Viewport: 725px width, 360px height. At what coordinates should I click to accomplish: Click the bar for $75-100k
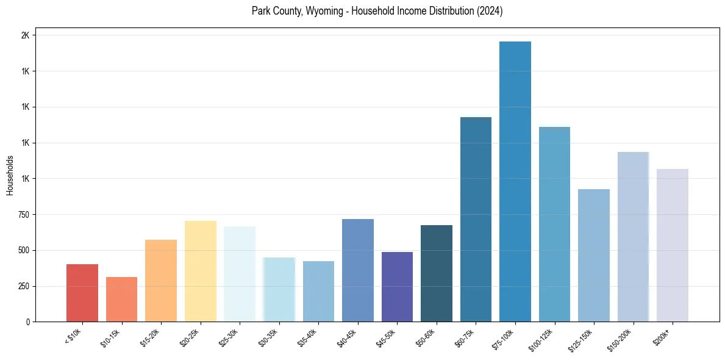pos(515,181)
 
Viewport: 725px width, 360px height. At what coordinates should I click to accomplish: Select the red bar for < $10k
pos(82,293)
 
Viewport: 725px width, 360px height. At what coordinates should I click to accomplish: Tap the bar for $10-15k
pos(121,299)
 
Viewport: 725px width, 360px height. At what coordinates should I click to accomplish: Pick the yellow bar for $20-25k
pos(200,271)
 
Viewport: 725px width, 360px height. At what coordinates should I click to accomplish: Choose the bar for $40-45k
pos(358,270)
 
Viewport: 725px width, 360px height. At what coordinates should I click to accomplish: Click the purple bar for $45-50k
pos(397,287)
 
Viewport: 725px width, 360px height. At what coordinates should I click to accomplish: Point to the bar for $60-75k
pos(476,219)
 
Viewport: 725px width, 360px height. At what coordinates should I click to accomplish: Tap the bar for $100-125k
pos(554,224)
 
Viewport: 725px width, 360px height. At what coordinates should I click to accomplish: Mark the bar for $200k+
pos(673,245)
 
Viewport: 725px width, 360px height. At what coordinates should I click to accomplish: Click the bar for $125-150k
pos(594,255)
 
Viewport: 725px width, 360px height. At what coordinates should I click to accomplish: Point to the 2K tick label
pos(26,35)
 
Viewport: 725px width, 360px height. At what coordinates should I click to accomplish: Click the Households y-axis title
pos(10,175)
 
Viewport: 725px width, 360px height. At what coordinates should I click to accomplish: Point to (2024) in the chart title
pos(490,11)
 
